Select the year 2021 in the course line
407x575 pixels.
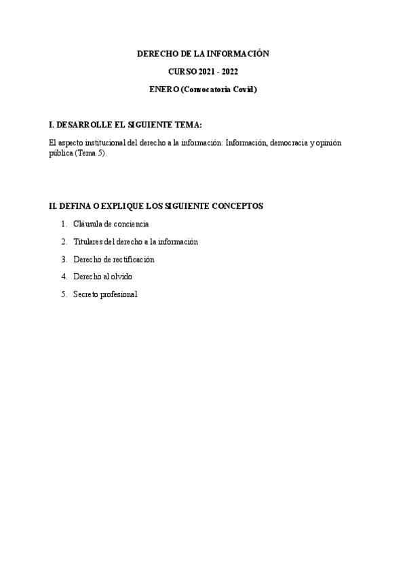tap(208, 71)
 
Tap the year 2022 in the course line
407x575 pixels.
tap(230, 71)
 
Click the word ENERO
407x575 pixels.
tap(160, 90)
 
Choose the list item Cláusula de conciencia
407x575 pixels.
tap(111, 224)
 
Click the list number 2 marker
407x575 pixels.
tap(64, 241)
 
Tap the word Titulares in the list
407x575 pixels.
tap(89, 241)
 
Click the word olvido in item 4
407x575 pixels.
tap(121, 277)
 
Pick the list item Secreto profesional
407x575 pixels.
tap(105, 294)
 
